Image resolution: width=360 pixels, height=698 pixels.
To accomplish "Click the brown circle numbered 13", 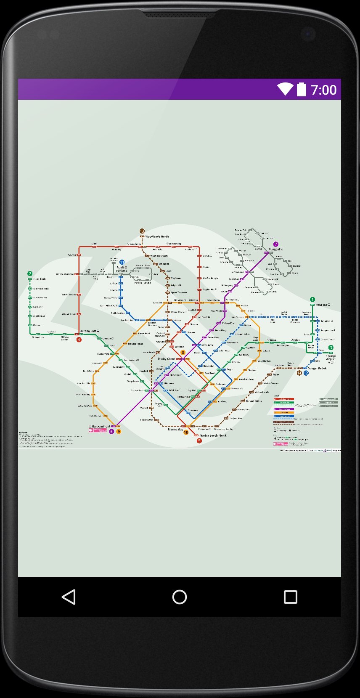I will click(142, 231).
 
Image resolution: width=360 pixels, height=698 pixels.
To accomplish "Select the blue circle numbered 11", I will click(122, 262).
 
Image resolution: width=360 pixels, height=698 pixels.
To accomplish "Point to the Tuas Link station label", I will click(40, 279).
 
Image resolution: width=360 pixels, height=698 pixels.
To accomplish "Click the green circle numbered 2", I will click(30, 273).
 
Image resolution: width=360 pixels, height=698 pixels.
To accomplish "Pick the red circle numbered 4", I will click(79, 340).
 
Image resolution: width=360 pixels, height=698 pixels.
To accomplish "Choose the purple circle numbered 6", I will click(111, 431).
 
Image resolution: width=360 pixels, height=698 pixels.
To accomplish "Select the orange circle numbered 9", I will click(119, 431).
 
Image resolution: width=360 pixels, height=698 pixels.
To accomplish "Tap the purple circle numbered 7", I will click(276, 244).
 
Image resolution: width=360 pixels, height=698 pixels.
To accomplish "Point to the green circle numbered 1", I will click(312, 300).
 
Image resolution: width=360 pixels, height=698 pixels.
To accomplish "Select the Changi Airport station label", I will click(331, 357).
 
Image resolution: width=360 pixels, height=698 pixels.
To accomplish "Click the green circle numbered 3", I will click(331, 348).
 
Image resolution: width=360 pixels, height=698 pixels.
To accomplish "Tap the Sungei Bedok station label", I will click(317, 368).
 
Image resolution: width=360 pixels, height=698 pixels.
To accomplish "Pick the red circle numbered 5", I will click(199, 441).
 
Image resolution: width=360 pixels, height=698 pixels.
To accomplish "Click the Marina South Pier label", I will click(212, 435).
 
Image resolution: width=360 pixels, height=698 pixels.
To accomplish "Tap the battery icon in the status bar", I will click(302, 90).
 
